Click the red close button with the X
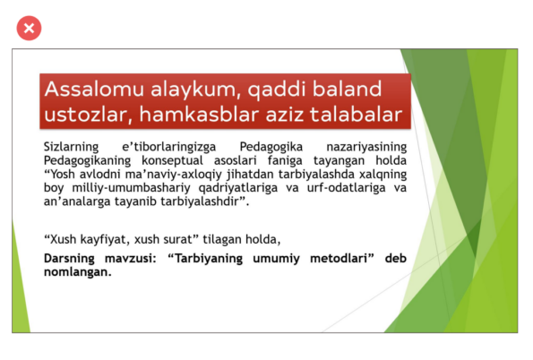click(x=29, y=29)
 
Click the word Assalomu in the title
click(x=94, y=89)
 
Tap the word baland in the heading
click(x=347, y=89)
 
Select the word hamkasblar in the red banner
click(x=200, y=114)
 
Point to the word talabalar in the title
click(x=356, y=114)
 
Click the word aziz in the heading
click(x=285, y=115)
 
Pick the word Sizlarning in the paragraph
click(x=71, y=147)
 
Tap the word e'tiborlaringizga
click(x=169, y=147)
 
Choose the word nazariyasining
click(x=366, y=147)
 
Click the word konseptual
click(x=172, y=160)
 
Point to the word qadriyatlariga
click(x=238, y=188)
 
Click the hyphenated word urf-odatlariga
click(x=346, y=188)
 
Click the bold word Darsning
click(x=69, y=258)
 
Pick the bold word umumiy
click(x=276, y=259)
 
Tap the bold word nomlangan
click(x=78, y=272)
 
